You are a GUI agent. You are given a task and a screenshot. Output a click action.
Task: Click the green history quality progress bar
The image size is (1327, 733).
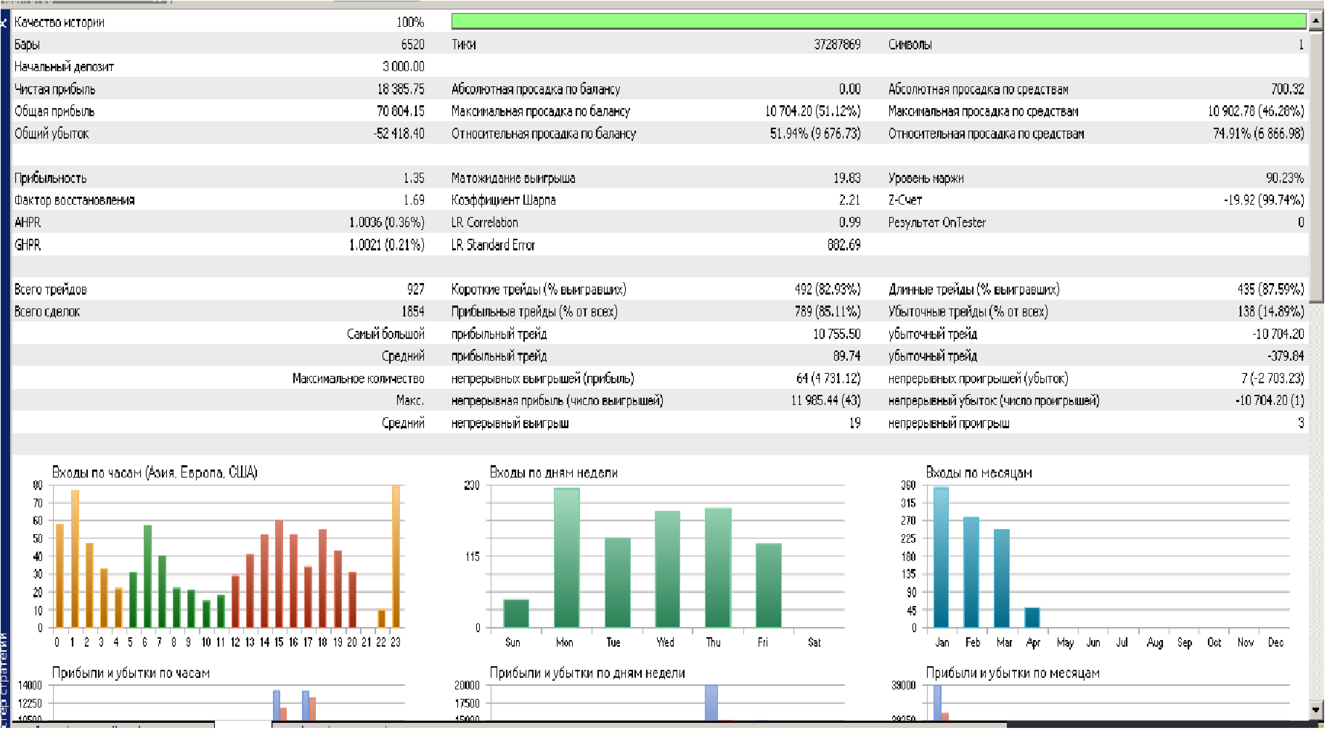point(878,21)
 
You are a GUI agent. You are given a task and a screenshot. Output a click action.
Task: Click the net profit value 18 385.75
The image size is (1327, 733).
point(401,89)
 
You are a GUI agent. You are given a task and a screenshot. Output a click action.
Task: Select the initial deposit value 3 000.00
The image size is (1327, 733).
point(404,67)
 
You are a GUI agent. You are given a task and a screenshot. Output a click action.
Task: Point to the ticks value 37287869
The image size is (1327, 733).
point(837,44)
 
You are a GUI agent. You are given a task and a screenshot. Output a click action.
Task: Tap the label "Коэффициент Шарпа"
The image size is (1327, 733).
point(503,200)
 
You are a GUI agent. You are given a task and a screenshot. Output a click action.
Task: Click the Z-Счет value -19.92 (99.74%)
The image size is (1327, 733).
point(1263,200)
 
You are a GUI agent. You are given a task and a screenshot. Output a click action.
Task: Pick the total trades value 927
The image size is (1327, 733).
point(415,290)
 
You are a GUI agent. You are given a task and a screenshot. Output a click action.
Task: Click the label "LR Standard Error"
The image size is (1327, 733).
point(493,245)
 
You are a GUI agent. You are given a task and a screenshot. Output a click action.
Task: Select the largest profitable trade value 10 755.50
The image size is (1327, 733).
point(836,335)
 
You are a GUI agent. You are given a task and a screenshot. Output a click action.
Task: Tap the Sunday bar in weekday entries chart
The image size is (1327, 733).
point(516,613)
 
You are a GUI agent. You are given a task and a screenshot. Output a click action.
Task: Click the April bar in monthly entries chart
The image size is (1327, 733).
point(1032,618)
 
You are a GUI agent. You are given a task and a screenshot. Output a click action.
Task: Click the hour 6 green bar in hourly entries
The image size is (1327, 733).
point(147,576)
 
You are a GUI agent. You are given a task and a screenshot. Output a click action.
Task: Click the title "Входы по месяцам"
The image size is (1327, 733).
point(979,473)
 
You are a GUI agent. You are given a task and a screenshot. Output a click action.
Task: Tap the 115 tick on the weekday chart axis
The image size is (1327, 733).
point(473,557)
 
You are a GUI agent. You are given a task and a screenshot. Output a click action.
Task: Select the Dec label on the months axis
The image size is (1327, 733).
point(1275,643)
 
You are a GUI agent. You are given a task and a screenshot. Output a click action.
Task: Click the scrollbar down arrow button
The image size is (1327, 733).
point(1316,709)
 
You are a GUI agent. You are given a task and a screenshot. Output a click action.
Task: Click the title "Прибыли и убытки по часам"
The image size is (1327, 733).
point(131,673)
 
